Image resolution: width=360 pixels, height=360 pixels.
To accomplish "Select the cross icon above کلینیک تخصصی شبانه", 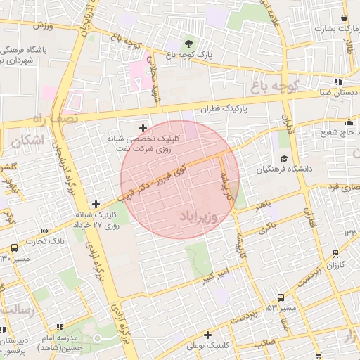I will pyautogui.click(x=144, y=127).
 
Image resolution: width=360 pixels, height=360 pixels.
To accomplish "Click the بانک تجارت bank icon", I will pyautogui.click(x=46, y=231).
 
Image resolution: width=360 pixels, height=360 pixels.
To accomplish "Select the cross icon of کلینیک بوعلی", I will pyautogui.click(x=207, y=335).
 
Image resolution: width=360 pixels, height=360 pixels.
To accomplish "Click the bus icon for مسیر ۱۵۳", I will pyautogui.click(x=281, y=297).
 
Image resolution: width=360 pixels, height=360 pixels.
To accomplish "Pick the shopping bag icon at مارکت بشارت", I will pyautogui.click(x=344, y=18).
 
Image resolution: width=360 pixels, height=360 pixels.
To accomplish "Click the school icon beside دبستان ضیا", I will pyautogui.click(x=339, y=81).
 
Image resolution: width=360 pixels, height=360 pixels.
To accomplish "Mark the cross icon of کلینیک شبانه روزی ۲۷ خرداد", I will pyautogui.click(x=96, y=204).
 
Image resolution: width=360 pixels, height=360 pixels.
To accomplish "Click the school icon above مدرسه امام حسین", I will pyautogui.click(x=64, y=326).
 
